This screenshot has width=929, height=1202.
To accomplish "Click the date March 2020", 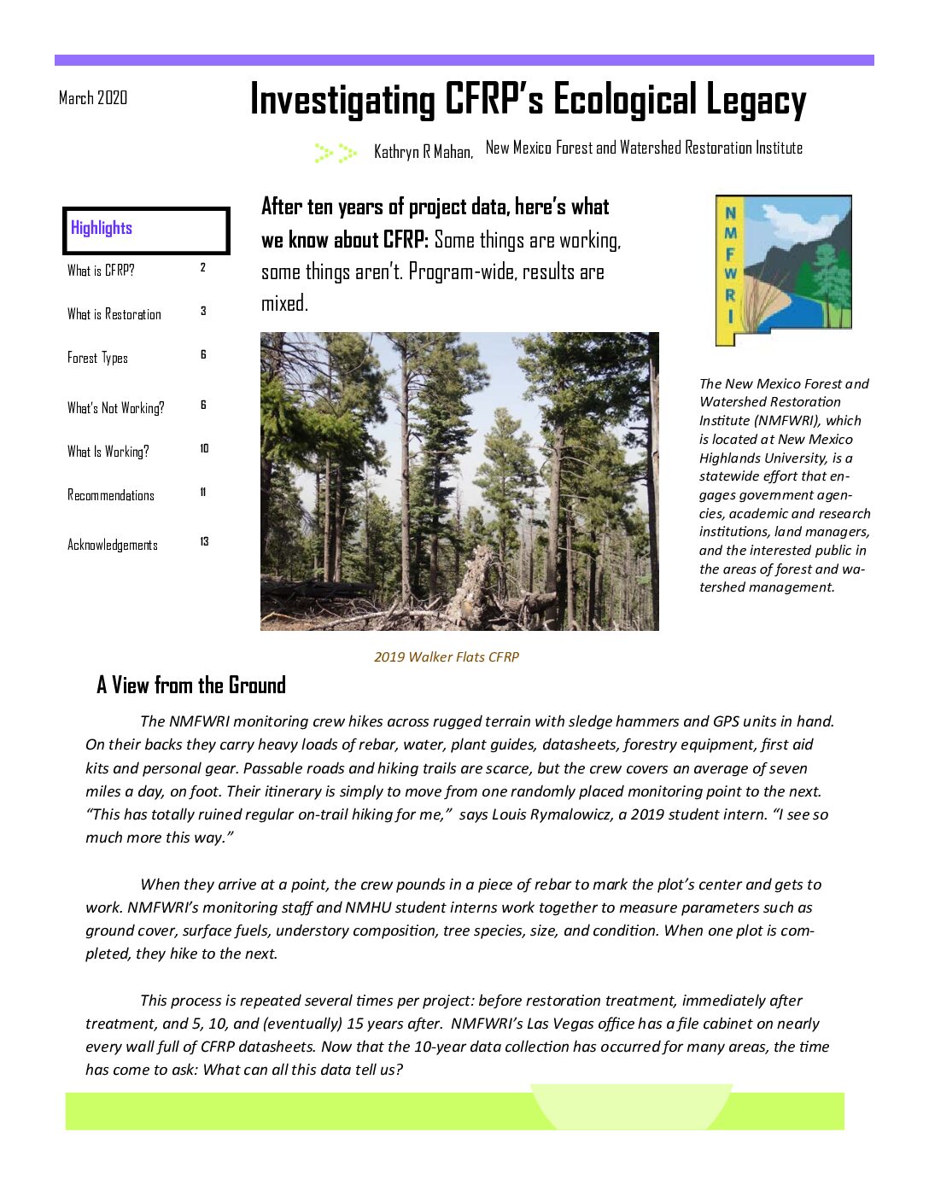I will tap(93, 98).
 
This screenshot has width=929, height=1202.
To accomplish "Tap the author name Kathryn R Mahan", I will tap(423, 152).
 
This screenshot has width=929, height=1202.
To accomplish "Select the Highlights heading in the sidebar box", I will tap(102, 228).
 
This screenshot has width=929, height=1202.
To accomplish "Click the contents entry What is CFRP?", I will tap(101, 271).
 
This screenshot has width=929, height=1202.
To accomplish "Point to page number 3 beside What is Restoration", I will tap(203, 312).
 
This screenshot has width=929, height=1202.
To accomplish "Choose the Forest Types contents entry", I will tap(97, 358).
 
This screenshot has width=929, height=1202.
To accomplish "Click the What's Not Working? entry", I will tap(116, 408).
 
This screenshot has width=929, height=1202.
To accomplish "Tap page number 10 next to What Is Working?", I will tap(204, 449).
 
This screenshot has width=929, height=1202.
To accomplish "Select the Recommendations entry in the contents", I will tap(111, 495).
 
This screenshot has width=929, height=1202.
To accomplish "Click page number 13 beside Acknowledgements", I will tap(204, 542).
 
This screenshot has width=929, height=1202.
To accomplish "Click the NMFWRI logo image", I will tap(783, 270).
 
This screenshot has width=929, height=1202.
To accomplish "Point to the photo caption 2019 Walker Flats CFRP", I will tap(447, 657).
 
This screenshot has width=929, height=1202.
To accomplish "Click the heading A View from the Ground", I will tap(191, 686).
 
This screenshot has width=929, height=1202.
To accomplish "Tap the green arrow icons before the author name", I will tap(336, 153).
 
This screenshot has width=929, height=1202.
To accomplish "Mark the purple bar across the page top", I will tap(464, 61).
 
